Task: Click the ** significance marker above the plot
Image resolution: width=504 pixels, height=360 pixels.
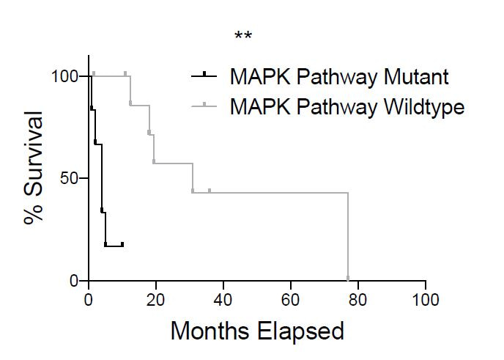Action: point(243,37)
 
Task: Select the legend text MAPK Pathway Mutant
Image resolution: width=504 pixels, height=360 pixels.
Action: point(338,76)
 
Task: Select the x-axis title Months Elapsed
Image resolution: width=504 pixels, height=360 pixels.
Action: point(257,331)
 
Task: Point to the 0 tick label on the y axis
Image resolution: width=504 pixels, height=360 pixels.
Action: point(75,281)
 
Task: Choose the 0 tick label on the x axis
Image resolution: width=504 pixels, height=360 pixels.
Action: point(89,300)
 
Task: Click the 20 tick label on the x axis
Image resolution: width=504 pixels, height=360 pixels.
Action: point(156,300)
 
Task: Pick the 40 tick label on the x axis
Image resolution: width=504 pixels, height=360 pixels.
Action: point(223,300)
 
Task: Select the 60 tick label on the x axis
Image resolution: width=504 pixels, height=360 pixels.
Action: point(291,300)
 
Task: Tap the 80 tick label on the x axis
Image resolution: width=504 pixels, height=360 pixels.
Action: point(358,300)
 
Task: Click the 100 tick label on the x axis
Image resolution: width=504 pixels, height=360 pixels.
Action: point(426,300)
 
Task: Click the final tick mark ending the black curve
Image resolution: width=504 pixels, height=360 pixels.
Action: point(122,243)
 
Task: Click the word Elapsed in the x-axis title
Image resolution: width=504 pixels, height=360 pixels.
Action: point(304,331)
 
